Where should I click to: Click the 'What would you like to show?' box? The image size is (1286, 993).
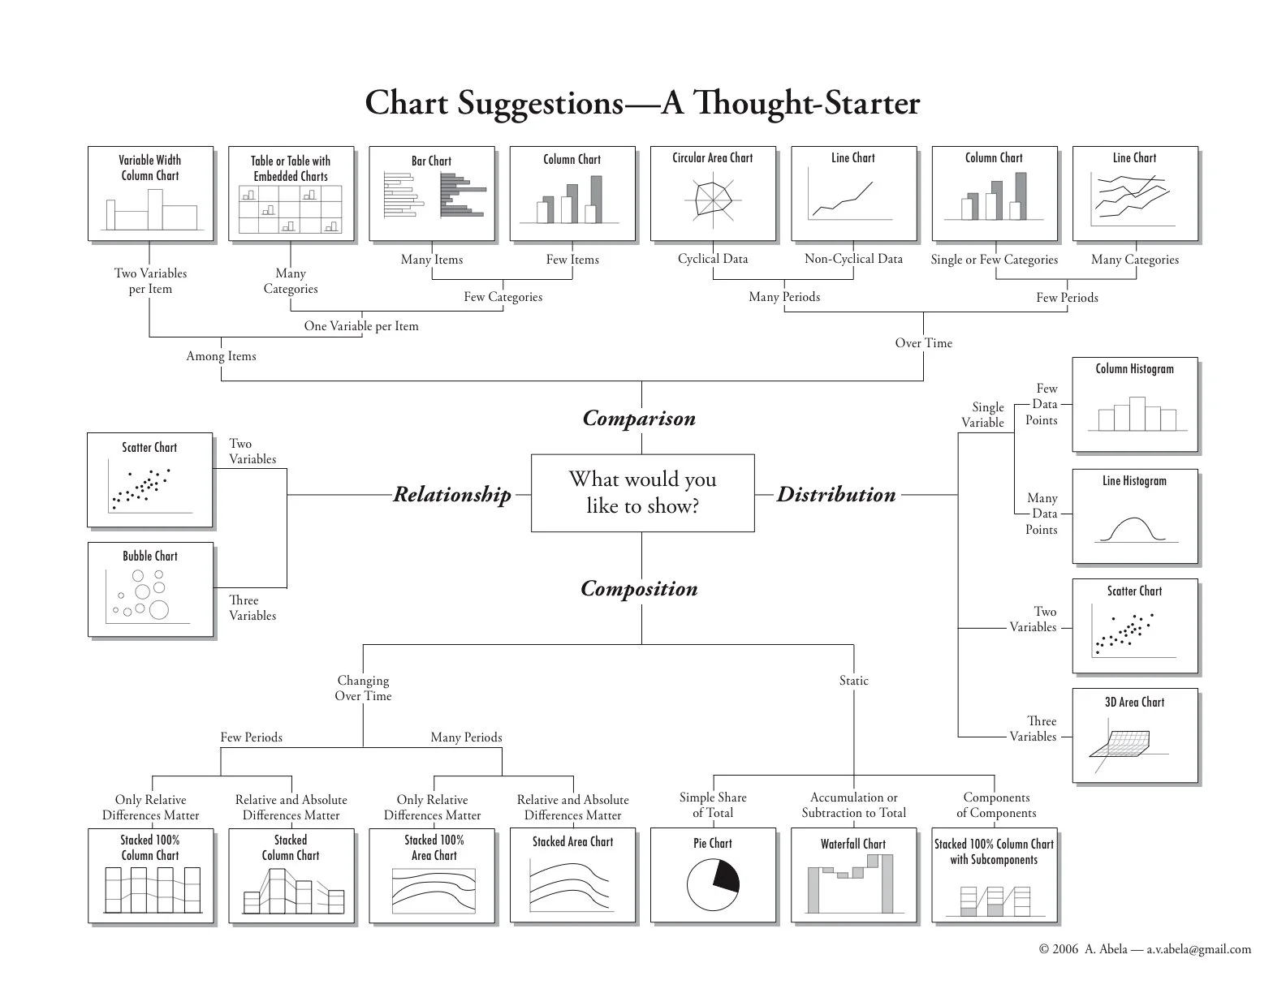click(x=643, y=492)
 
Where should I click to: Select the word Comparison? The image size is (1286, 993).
click(x=639, y=418)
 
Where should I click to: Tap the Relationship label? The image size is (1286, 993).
click(x=452, y=494)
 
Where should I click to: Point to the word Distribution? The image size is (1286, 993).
click(x=836, y=494)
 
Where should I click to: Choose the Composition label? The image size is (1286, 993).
click(x=639, y=588)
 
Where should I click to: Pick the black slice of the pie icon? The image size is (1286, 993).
click(x=727, y=876)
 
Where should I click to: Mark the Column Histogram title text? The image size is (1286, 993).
click(x=1134, y=368)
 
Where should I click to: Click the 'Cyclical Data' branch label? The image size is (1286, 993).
click(x=713, y=259)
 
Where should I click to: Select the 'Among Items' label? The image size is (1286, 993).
click(x=222, y=356)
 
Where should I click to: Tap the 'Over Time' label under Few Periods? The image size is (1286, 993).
click(x=924, y=343)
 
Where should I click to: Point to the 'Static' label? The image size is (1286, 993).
click(x=854, y=680)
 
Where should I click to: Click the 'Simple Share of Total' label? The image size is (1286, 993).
click(x=713, y=805)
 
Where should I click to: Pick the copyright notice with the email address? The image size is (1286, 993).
click(x=1146, y=948)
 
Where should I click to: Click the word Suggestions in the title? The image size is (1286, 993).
click(x=541, y=104)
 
